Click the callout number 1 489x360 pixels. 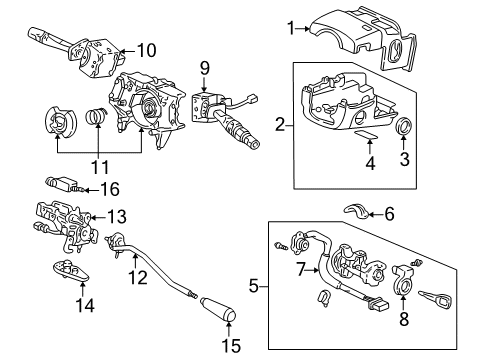pos(292,29)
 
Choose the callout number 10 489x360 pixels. pos(146,49)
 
